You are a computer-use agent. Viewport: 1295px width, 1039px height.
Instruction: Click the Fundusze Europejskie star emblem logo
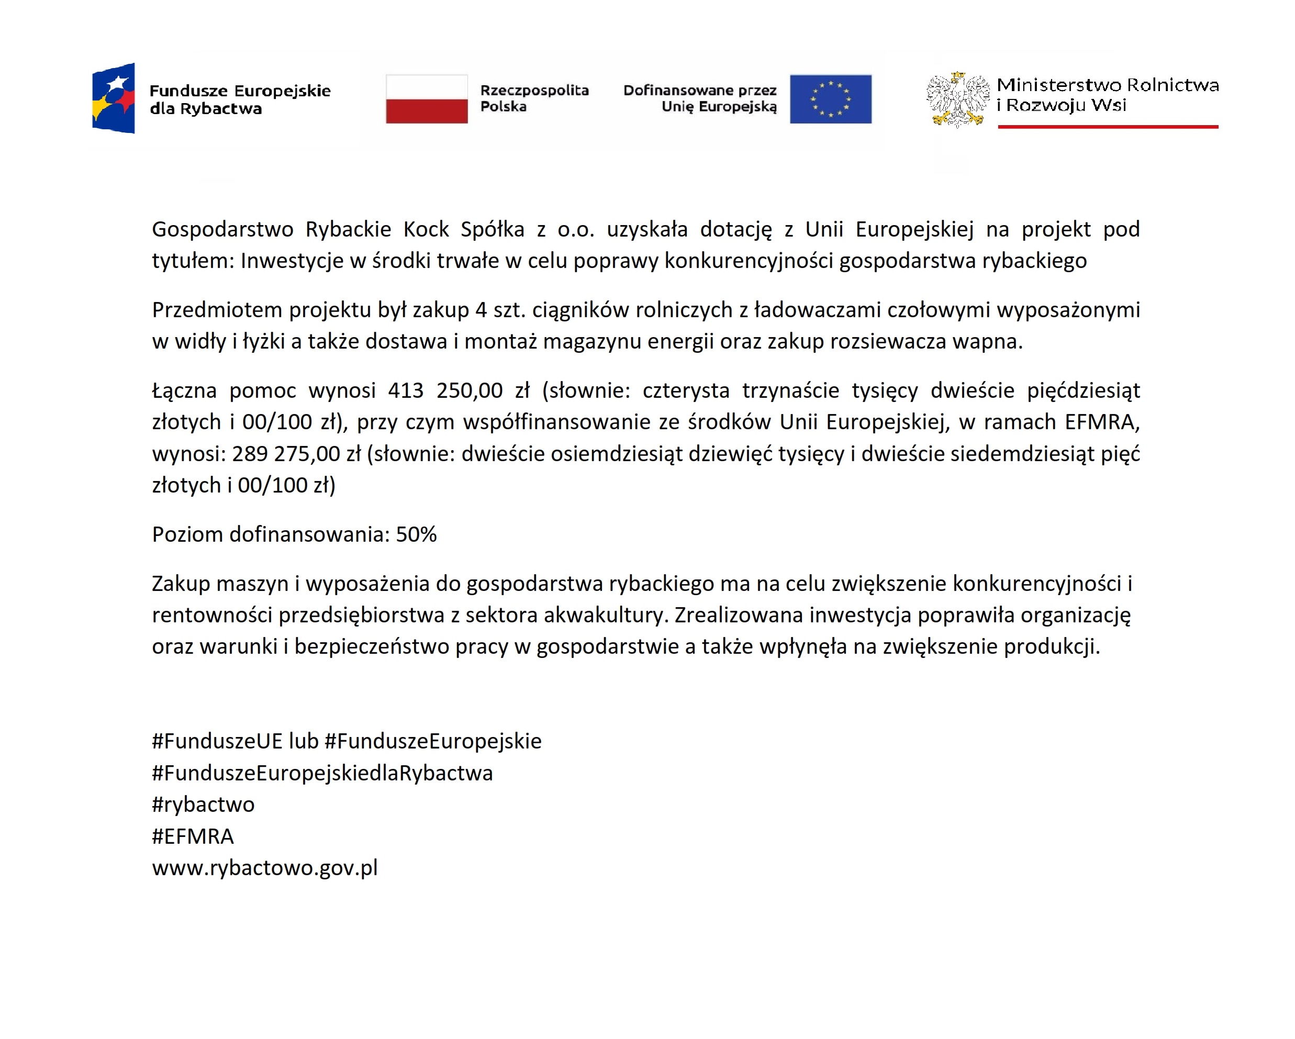click(114, 98)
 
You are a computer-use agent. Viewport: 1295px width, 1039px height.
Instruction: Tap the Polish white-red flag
click(427, 99)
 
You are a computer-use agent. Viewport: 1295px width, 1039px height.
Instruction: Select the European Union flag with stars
click(830, 99)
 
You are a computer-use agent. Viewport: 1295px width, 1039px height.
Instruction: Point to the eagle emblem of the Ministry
click(957, 99)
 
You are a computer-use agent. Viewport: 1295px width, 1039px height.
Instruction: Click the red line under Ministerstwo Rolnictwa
click(1108, 127)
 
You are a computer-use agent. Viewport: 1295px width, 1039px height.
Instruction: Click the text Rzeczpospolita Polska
click(534, 98)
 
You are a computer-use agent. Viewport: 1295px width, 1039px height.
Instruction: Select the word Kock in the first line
click(426, 229)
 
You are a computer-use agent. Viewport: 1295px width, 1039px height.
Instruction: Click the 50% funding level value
click(416, 534)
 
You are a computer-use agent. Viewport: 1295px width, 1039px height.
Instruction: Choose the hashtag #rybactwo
click(203, 804)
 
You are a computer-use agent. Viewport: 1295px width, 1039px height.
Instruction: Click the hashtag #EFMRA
click(193, 836)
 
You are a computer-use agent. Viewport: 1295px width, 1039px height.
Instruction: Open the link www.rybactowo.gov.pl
click(265, 868)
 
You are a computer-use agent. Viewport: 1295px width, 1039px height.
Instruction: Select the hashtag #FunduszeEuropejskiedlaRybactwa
click(322, 773)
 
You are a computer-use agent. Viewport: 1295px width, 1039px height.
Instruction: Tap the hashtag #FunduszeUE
click(217, 741)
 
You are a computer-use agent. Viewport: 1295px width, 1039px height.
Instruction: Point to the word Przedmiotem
click(217, 310)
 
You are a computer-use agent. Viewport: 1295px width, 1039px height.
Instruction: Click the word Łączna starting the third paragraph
click(184, 391)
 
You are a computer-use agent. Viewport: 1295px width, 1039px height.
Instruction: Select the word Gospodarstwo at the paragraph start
click(222, 229)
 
